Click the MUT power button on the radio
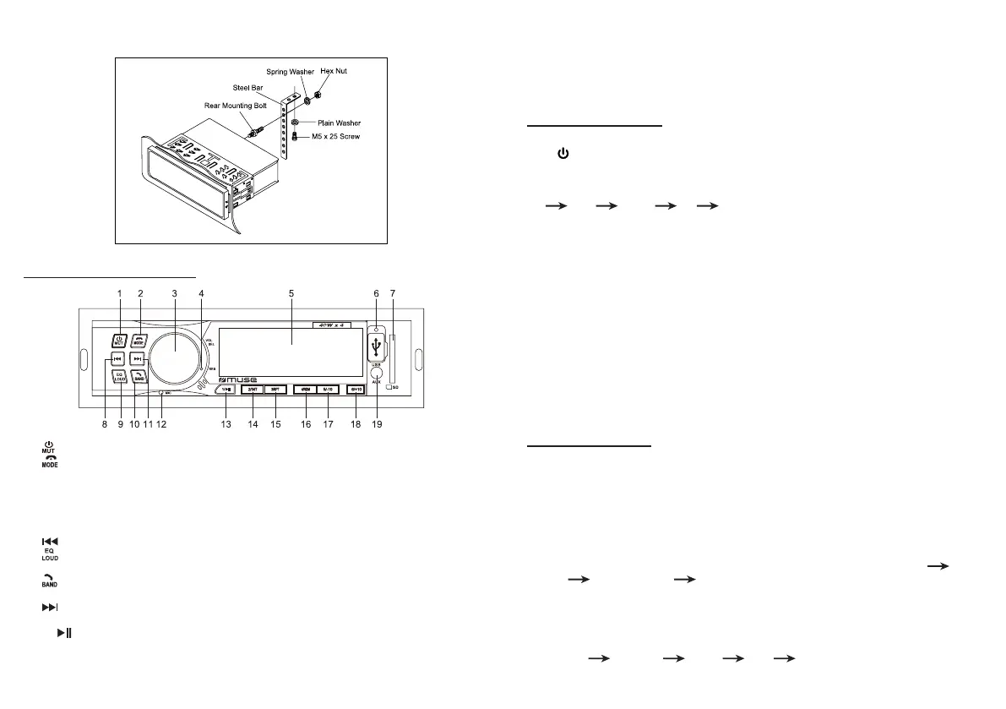[119, 341]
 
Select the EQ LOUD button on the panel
[120, 378]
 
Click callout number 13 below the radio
[226, 424]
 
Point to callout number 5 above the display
[291, 293]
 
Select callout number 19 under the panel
[378, 424]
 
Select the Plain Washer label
[339, 123]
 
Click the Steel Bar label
[249, 87]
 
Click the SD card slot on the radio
[393, 360]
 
